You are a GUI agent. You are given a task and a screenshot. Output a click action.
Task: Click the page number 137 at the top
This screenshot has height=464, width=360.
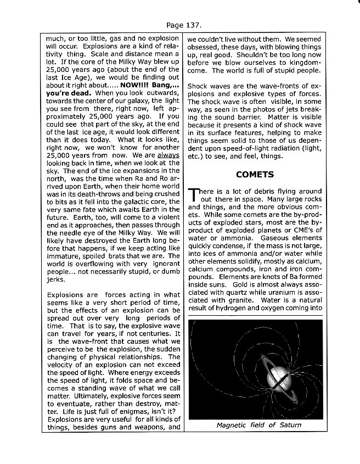coord(187,25)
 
